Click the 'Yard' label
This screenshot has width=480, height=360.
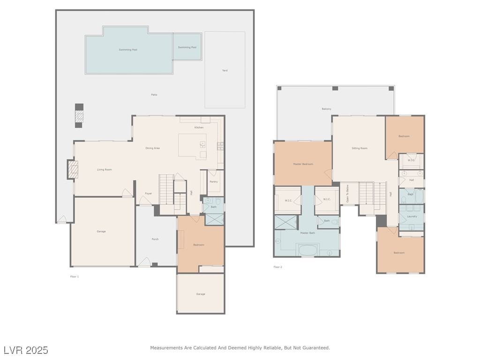coord(225,70)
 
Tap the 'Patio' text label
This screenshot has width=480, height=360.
coord(154,95)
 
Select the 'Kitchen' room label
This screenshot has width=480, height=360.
coord(199,127)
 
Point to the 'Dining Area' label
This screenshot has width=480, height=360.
coord(152,148)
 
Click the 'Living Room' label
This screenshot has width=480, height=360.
coord(104,170)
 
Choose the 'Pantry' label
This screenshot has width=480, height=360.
coord(213,181)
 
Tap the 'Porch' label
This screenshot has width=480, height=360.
coord(155,239)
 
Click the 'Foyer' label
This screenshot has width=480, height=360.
coord(148,194)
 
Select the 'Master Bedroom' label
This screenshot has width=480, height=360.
coord(303,164)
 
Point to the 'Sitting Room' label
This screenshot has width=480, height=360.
coord(360,148)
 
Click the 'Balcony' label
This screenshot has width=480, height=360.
coord(326,109)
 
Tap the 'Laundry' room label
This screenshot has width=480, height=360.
coord(412,217)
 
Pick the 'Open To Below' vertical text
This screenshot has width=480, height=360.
coord(347,194)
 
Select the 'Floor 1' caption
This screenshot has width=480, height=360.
coord(74,277)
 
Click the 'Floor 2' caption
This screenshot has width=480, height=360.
coord(277,267)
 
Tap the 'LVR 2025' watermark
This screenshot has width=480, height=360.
coord(26,350)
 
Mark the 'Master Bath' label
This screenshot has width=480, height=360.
coord(307,233)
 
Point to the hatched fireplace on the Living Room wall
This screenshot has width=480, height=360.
coord(72,169)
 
